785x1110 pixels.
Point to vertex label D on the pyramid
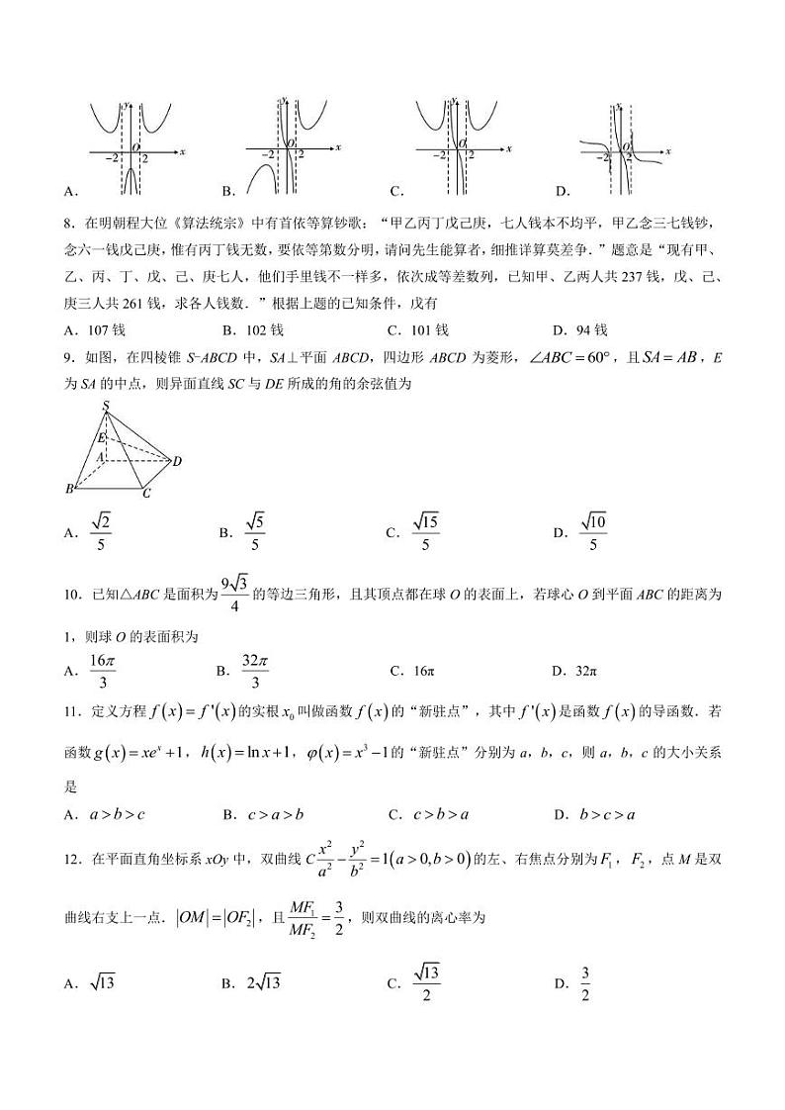click(x=177, y=461)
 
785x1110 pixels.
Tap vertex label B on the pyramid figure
click(x=70, y=489)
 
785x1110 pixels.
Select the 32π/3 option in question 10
click(x=255, y=671)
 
